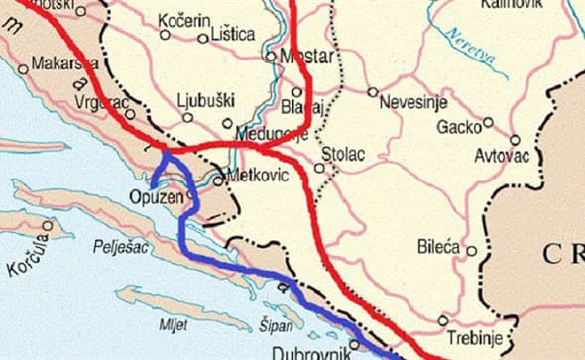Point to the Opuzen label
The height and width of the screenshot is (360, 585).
coord(158,197)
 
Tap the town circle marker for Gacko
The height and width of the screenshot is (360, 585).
coord(487,124)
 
